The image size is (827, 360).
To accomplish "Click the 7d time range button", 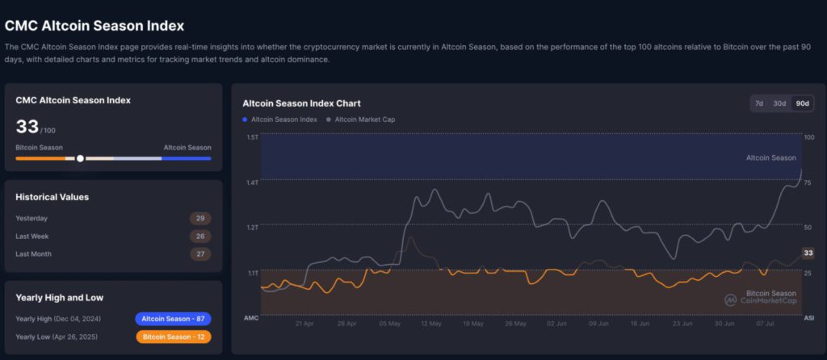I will pyautogui.click(x=758, y=103).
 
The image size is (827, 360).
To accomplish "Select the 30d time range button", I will pyautogui.click(x=779, y=103).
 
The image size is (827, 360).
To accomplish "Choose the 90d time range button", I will pyautogui.click(x=802, y=103).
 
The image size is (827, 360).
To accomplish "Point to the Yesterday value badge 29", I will pyautogui.click(x=200, y=218).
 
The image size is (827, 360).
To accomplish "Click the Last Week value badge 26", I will pyautogui.click(x=200, y=236).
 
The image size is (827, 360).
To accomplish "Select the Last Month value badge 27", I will pyautogui.click(x=200, y=253).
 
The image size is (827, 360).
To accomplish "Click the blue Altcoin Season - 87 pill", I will pyautogui.click(x=173, y=318).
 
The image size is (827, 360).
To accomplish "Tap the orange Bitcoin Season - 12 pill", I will pyautogui.click(x=173, y=336).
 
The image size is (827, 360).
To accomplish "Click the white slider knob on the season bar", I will pyautogui.click(x=80, y=158).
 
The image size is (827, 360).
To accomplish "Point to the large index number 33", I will pyautogui.click(x=27, y=127).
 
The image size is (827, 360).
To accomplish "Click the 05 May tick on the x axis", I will pyautogui.click(x=389, y=323).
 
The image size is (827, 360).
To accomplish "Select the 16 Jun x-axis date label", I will pyautogui.click(x=640, y=323).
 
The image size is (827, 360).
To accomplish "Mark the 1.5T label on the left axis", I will pyautogui.click(x=252, y=137).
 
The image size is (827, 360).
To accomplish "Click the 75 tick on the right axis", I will pyautogui.click(x=808, y=182).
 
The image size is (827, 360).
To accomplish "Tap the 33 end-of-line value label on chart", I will pyautogui.click(x=807, y=253).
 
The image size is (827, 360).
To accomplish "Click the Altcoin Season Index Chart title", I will pyautogui.click(x=301, y=103).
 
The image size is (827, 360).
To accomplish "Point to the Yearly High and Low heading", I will pyautogui.click(x=59, y=297).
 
